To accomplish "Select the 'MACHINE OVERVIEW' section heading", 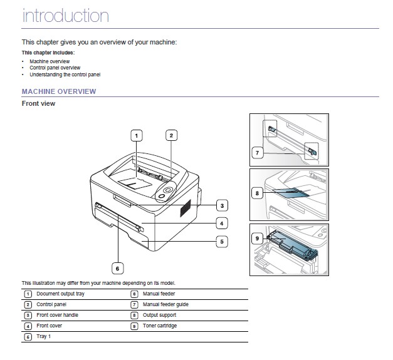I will [59, 91].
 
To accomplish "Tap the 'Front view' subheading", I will [38, 103].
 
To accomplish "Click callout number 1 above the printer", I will [137, 135].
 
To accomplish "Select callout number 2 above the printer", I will [170, 135].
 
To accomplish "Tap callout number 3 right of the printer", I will [221, 205].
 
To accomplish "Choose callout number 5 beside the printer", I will [221, 240].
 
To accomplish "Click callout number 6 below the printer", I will [117, 269].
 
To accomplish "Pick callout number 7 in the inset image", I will [256, 152].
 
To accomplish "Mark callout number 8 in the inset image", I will [256, 193].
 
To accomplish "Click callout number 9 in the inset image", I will [256, 239].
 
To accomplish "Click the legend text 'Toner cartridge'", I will [160, 326].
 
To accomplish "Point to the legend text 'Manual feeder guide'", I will [165, 304].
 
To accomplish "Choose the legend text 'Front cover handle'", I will [57, 315].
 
